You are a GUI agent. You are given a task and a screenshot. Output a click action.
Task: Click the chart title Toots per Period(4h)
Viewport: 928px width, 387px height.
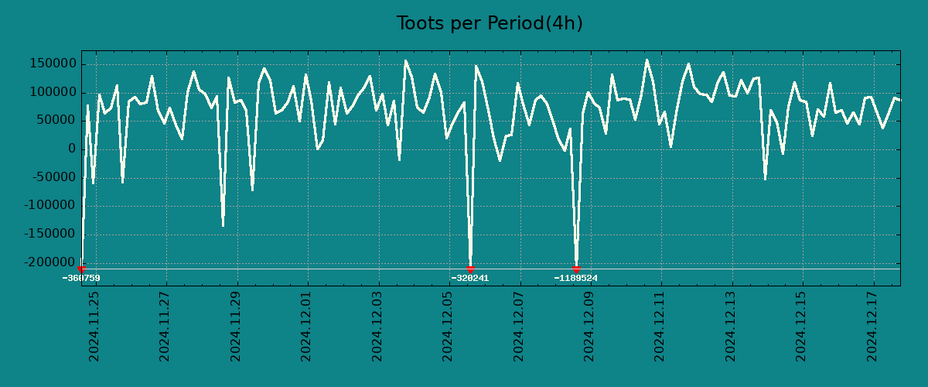[490, 23]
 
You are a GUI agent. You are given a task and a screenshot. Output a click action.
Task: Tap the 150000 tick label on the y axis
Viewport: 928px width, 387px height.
[51, 64]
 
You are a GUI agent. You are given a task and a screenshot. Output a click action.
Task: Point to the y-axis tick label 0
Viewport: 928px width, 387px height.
[71, 149]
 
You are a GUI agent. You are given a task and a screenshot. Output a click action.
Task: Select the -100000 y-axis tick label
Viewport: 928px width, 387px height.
[49, 206]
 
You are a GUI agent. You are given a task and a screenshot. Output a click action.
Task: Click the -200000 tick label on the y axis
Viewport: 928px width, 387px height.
[49, 262]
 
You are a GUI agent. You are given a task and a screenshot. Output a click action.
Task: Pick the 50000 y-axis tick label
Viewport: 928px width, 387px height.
[54, 121]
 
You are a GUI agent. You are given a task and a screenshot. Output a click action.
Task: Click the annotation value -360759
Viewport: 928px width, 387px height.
[81, 278]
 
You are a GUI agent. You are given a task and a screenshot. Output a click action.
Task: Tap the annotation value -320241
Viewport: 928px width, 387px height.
[470, 278]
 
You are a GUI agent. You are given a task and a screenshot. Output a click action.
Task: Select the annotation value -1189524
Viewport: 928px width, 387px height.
[576, 278]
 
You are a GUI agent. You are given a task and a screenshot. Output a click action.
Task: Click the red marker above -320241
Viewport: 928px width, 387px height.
[470, 269]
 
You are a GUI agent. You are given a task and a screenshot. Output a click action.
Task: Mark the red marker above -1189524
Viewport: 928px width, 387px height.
[576, 269]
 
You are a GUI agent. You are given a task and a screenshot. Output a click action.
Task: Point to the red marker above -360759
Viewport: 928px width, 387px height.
[81, 269]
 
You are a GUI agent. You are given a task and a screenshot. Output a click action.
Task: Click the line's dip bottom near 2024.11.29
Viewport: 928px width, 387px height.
[223, 225]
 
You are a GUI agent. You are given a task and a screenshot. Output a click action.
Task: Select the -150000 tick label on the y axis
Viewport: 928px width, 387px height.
[49, 235]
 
